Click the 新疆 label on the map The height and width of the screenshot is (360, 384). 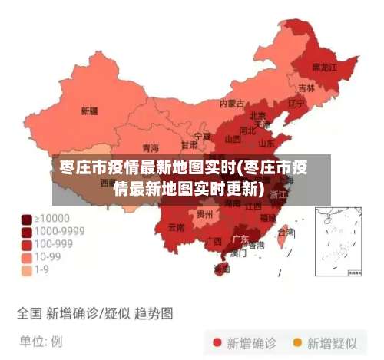[x=89, y=111]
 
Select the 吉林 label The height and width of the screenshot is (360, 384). [x=306, y=88]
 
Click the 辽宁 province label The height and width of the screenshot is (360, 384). [x=296, y=103]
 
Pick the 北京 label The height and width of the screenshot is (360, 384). [x=258, y=116]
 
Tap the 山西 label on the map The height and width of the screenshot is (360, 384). [x=233, y=140]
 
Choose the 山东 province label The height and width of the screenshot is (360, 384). [x=266, y=143]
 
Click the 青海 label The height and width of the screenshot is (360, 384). [x=151, y=147]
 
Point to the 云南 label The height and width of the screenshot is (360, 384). [x=176, y=227]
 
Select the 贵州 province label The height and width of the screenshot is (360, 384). [x=204, y=214]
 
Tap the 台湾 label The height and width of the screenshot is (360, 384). [x=286, y=232]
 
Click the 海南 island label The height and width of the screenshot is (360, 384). [x=222, y=269]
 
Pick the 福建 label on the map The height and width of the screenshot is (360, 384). [x=267, y=218]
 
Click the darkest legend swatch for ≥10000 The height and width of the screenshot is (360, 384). [x=26, y=218]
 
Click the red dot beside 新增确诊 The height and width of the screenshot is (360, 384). [x=217, y=342]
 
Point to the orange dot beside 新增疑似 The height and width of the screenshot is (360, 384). [x=296, y=342]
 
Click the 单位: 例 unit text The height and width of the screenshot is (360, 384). [x=41, y=340]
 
